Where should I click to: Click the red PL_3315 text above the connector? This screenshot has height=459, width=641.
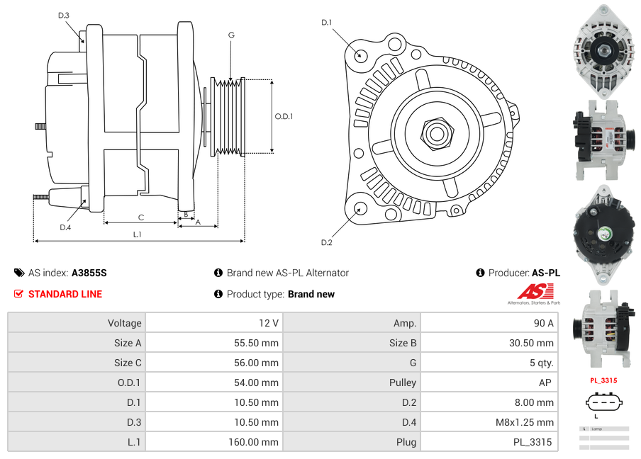tap(603, 380)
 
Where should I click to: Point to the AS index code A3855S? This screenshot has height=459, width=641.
tap(89, 273)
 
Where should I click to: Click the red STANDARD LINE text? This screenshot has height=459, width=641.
tap(65, 294)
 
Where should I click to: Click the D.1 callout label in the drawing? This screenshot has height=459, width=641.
tap(326, 23)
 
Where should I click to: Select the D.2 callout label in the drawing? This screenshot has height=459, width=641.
tap(326, 242)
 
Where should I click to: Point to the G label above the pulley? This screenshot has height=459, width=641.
tap(231, 35)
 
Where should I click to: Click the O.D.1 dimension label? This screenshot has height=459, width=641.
tap(284, 116)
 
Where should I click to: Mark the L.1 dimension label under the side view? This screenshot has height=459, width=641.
tap(137, 234)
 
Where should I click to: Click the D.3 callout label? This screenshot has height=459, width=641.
tap(64, 15)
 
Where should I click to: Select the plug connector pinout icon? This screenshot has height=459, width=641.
tap(603, 403)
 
